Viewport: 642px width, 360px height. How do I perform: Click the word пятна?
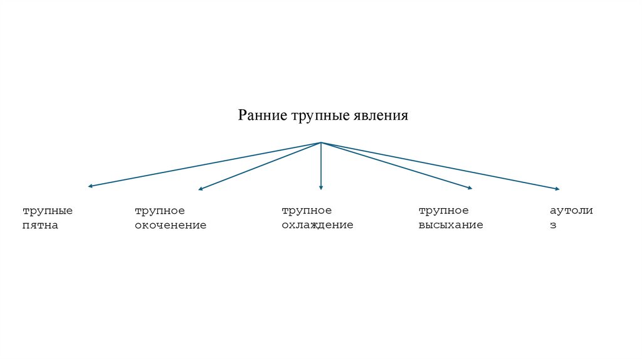tap(40, 225)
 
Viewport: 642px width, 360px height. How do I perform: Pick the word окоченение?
tap(171, 225)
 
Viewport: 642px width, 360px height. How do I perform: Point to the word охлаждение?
tap(317, 225)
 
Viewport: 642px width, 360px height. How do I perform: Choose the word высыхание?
tap(451, 225)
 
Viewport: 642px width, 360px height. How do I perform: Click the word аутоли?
tap(571, 211)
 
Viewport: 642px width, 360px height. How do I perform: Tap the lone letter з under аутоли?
tap(553, 225)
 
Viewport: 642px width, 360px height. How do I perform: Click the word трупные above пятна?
tap(48, 211)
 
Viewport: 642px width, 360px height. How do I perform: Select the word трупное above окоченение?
tap(160, 211)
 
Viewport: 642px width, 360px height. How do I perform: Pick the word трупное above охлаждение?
tap(307, 211)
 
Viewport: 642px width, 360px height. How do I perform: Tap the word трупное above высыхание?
tap(444, 211)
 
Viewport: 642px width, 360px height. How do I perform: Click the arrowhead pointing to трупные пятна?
tap(91, 186)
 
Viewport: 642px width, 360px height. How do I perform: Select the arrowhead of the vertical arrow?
tap(321, 187)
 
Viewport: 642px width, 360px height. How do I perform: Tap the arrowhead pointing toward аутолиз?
tap(556, 189)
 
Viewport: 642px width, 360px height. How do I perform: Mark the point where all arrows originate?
tap(321, 143)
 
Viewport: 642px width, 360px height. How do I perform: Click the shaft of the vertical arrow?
tap(321, 164)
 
